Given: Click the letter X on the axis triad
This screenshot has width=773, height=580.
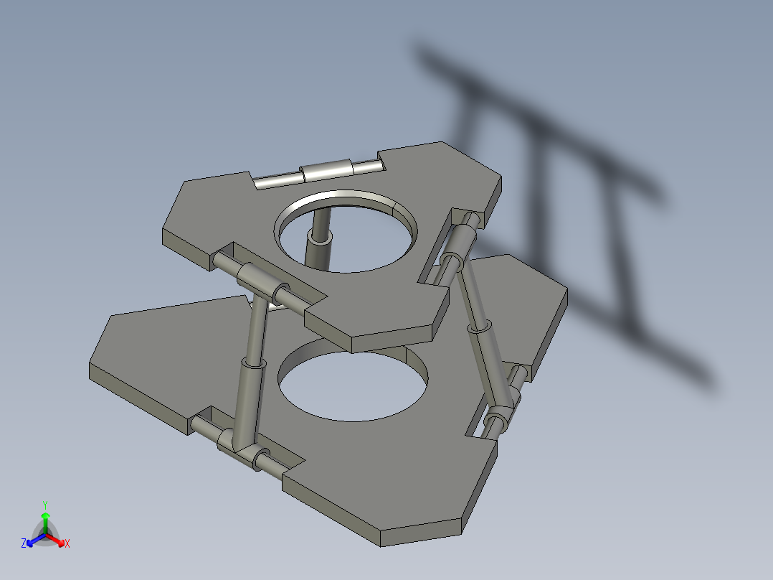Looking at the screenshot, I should (x=67, y=544).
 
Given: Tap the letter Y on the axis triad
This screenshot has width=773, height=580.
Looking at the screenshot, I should (x=45, y=504).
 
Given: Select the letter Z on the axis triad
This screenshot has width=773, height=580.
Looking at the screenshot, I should (x=24, y=544).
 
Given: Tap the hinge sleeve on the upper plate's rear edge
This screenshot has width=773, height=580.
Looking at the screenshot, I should (x=327, y=172).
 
